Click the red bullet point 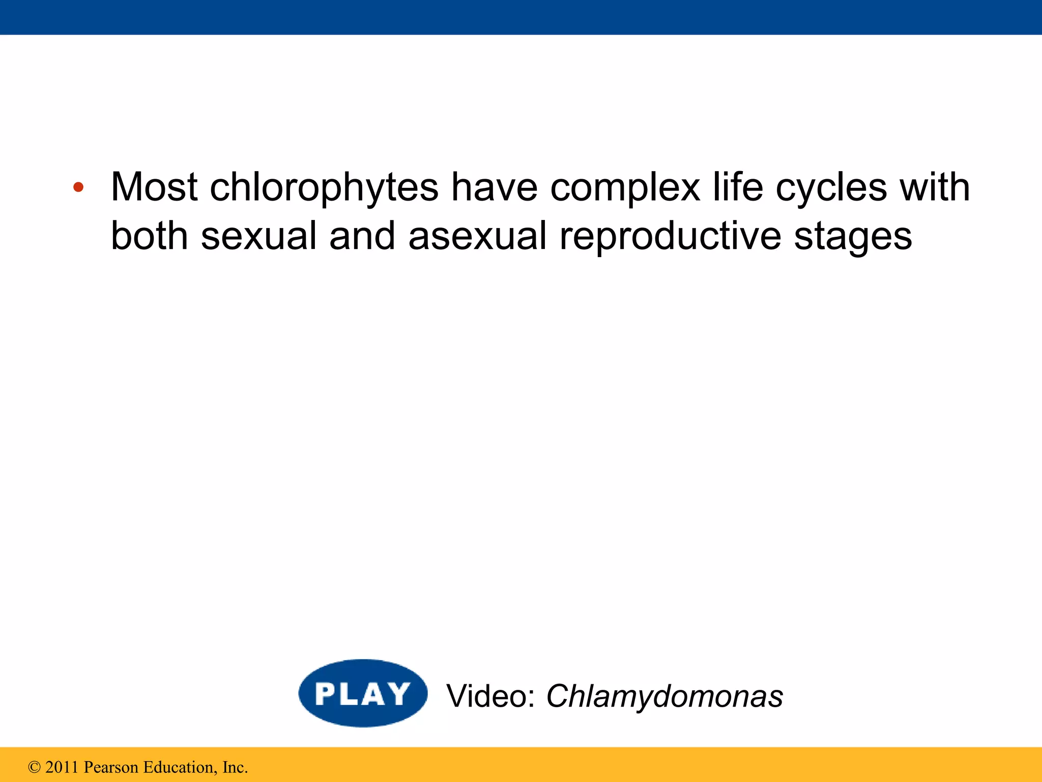click(78, 187)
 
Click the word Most click(154, 187)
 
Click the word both click(149, 236)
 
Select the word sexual click(259, 236)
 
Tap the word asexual click(477, 236)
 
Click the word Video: click(490, 696)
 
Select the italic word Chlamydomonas click(664, 697)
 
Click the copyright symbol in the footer click(34, 767)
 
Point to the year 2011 click(62, 767)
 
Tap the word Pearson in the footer click(111, 767)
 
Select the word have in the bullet click(494, 187)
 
